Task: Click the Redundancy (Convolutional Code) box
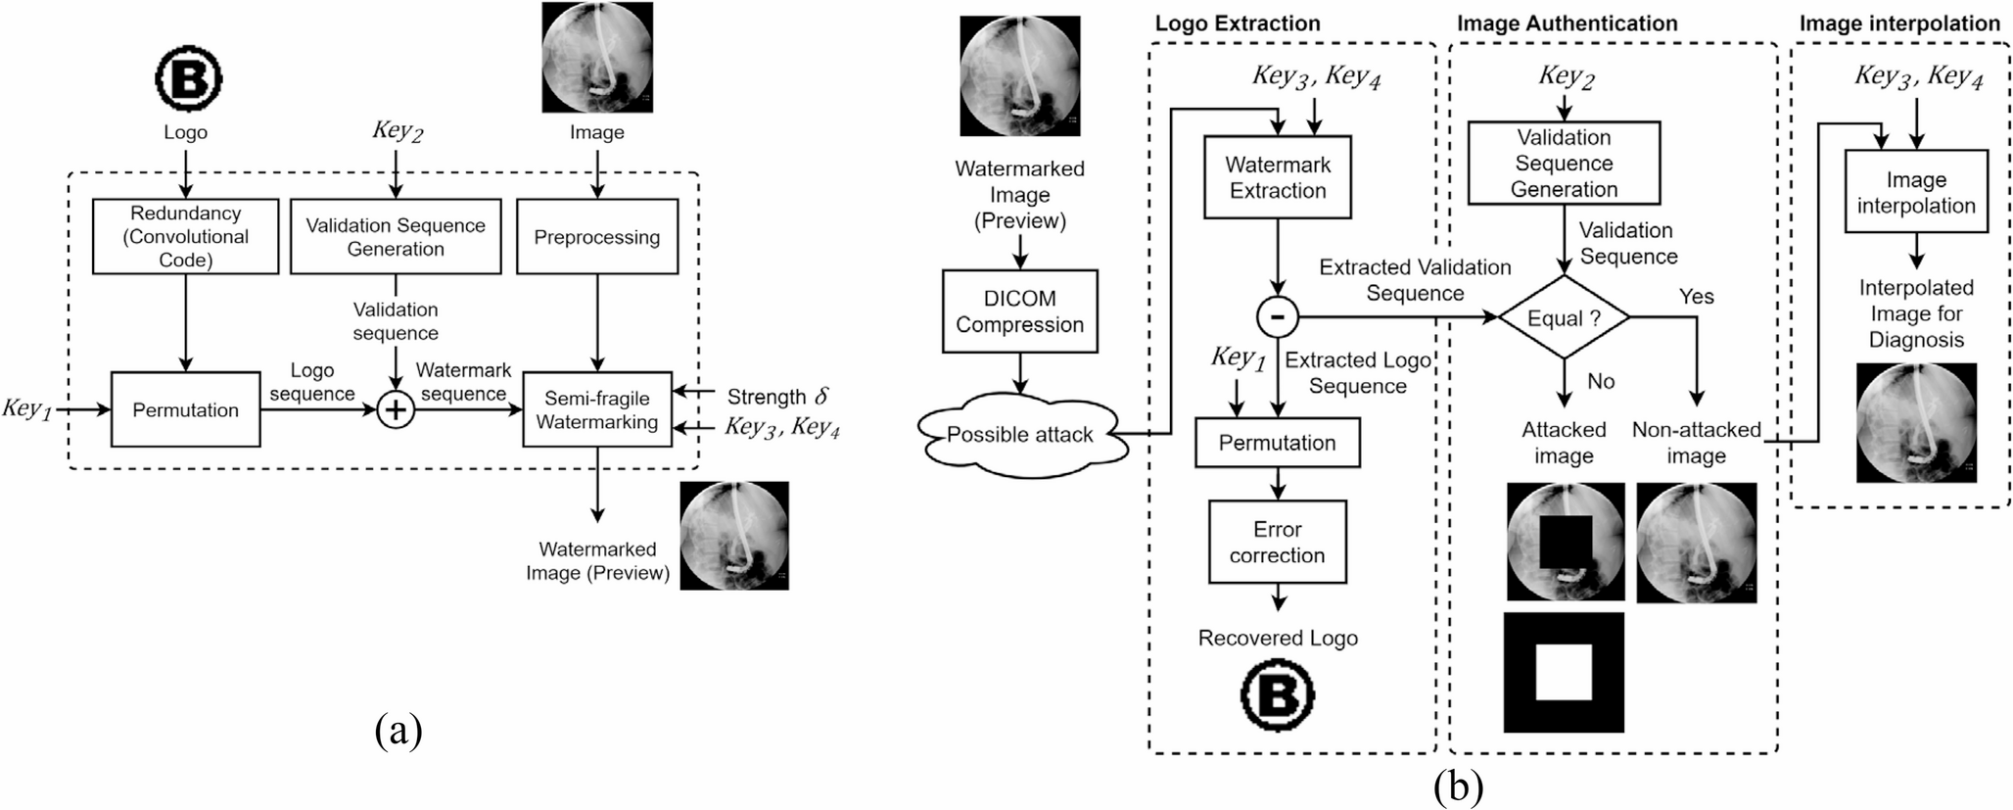pos(185,236)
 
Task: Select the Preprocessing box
pos(596,237)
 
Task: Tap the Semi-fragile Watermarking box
pos(596,409)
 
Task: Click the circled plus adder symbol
pos(396,409)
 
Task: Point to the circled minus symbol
pos(1277,316)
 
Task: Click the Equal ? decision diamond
pos(1564,318)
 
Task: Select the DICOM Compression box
pos(1019,311)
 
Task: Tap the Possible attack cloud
pos(1019,435)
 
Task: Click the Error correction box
pos(1277,542)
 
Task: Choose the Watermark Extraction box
pos(1277,177)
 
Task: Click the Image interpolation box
pos(1915,192)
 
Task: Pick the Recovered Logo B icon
pos(1277,695)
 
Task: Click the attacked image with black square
pos(1565,542)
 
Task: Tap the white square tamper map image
pos(1564,673)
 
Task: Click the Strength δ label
pos(777,397)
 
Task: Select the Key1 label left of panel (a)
pos(26,409)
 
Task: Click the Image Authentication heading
pos(1567,24)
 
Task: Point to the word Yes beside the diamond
pos(1696,296)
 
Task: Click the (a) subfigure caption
pos(398,731)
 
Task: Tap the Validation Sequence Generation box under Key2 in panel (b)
pos(1564,163)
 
